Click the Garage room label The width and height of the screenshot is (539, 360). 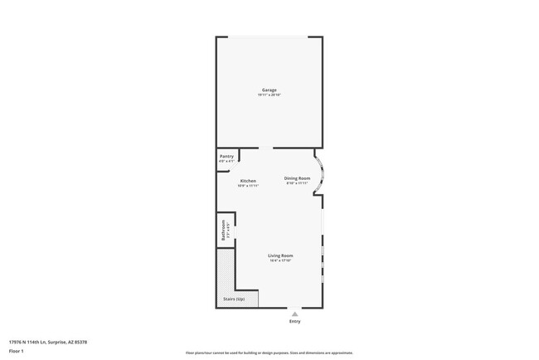pos(269,90)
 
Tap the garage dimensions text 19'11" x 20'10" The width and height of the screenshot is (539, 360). pos(269,95)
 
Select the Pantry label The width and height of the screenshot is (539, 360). pos(226,156)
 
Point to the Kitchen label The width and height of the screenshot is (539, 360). pos(248,181)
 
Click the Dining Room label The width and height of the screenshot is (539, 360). pos(297,178)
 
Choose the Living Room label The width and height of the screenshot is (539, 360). pos(280,255)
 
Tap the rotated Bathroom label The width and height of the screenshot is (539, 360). pos(223,230)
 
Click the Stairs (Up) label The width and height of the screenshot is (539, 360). pos(234,299)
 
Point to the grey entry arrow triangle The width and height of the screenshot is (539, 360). pos(294,313)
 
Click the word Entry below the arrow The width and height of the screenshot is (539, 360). pos(294,320)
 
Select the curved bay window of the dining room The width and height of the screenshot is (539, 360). pos(321,174)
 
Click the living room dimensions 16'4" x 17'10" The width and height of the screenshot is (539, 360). pos(280,261)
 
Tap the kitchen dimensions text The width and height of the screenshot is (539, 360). pos(248,186)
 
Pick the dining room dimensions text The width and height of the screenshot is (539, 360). pos(297,183)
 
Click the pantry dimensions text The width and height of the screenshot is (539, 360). pos(226,161)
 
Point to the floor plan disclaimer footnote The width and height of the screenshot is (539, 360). pos(269,353)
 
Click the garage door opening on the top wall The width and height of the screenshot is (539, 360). pos(269,36)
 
